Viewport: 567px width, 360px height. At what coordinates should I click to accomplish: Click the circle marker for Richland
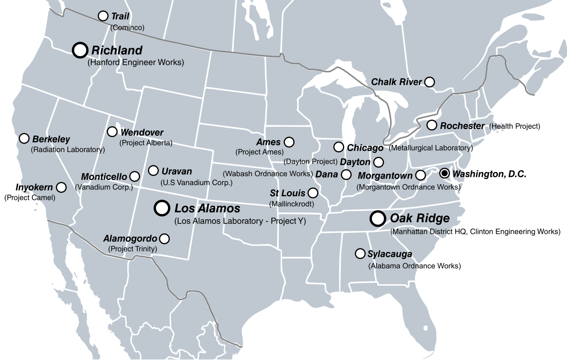[x=80, y=50]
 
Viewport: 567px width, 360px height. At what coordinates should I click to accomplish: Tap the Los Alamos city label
[x=207, y=209]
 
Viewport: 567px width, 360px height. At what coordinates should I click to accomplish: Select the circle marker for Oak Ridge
[x=378, y=218]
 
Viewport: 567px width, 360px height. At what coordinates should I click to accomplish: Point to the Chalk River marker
[x=429, y=82]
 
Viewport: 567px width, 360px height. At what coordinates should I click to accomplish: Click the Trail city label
[x=120, y=16]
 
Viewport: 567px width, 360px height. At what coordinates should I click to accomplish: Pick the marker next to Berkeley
[x=24, y=138]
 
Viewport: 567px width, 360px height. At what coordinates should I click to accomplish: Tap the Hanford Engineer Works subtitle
[x=136, y=62]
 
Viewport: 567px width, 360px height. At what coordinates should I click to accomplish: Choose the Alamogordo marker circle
[x=164, y=238]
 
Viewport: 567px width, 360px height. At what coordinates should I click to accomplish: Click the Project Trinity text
[x=132, y=249]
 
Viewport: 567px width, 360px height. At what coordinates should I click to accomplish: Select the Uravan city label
[x=176, y=171]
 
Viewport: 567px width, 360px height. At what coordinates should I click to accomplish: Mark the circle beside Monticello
[x=134, y=176]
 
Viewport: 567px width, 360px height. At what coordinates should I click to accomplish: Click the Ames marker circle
[x=289, y=142]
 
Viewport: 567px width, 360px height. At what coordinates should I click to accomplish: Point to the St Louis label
[x=287, y=193]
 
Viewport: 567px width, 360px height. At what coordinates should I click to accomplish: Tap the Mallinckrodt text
[x=291, y=204]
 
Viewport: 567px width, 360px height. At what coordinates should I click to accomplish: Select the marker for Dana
[x=346, y=174]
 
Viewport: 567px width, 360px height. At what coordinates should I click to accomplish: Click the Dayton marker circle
[x=378, y=162]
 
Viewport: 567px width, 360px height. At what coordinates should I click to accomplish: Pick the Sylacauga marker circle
[x=360, y=253]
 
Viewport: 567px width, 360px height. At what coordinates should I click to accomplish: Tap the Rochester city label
[x=462, y=126]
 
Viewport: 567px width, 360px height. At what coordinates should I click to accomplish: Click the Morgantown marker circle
[x=421, y=175]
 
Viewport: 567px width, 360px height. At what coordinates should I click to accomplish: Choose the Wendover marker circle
[x=112, y=132]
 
